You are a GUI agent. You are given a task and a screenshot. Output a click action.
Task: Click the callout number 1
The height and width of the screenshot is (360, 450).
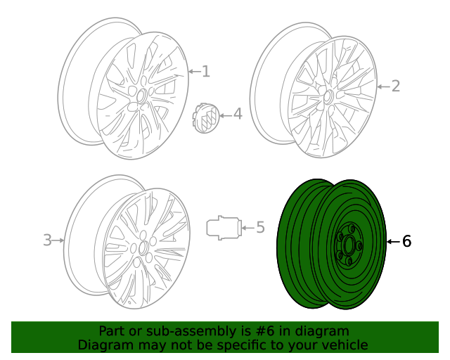pyautogui.click(x=205, y=71)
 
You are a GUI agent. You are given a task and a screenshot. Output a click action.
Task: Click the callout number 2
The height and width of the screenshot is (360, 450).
pyautogui.click(x=395, y=86)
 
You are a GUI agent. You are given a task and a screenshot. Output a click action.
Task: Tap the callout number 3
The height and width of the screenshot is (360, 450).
pyautogui.click(x=47, y=240)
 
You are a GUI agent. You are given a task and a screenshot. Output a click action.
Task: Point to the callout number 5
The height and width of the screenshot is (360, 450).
pyautogui.click(x=259, y=227)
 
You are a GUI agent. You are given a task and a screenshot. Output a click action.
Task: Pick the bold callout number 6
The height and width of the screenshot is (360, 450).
pyautogui.click(x=406, y=242)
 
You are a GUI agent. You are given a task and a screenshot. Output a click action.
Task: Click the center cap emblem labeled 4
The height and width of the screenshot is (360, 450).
pyautogui.click(x=206, y=116)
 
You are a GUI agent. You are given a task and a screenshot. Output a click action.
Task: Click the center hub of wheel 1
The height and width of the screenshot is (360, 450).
pyautogui.click(x=141, y=96)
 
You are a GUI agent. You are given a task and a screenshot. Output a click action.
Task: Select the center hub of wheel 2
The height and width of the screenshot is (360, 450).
pyautogui.click(x=327, y=96)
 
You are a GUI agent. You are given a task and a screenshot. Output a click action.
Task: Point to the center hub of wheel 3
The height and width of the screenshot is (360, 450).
pyautogui.click(x=143, y=247)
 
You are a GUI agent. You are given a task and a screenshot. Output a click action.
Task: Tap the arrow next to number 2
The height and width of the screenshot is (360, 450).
pyautogui.click(x=382, y=86)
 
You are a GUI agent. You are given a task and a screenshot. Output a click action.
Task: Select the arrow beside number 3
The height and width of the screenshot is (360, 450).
pyautogui.click(x=59, y=240)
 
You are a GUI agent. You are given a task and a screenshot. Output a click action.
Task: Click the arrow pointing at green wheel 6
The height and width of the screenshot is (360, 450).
pyautogui.click(x=393, y=242)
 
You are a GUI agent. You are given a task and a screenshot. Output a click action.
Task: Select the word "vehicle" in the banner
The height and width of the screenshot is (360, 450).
pyautogui.click(x=344, y=345)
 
